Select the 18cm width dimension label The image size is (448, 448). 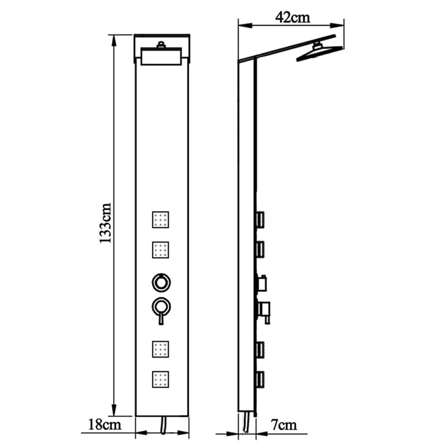pyautogui.click(x=105, y=424)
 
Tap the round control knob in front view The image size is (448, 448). pyautogui.click(x=161, y=283)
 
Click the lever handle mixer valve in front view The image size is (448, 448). pyautogui.click(x=161, y=309)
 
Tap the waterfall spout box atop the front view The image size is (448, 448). pyautogui.click(x=161, y=57)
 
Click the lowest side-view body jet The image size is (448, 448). pyautogui.click(x=261, y=380)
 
